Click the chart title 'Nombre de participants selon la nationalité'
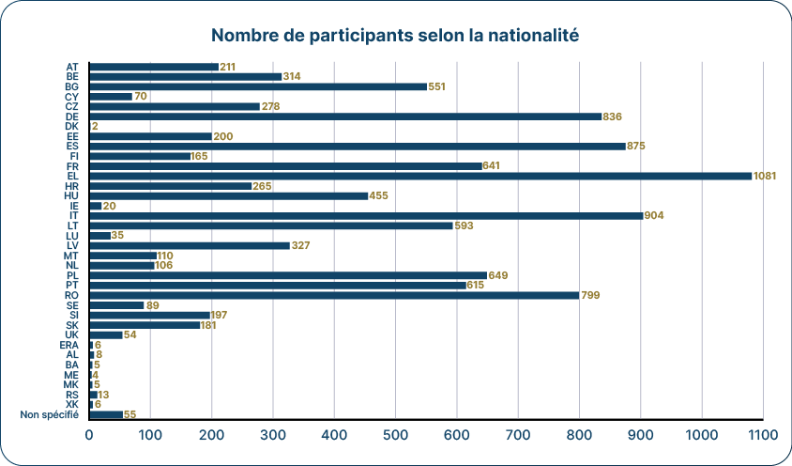[395, 37]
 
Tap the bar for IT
[366, 215]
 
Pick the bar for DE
[345, 116]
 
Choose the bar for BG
[258, 86]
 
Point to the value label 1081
[765, 176]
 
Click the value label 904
[654, 215]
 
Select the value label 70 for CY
[142, 97]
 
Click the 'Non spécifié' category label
[49, 414]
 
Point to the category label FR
[72, 166]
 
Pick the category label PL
[72, 275]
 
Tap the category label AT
[72, 67]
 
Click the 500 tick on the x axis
[396, 435]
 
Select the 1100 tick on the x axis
[763, 435]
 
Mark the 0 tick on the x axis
[90, 435]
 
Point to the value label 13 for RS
[103, 395]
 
